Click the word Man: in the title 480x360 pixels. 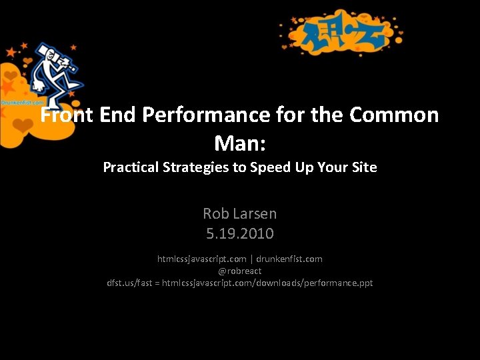(239, 142)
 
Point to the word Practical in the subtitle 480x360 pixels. (131, 167)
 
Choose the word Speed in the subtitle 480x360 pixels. (269, 167)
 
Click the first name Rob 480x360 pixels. (215, 214)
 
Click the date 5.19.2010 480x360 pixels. (240, 234)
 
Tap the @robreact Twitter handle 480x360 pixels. (240, 271)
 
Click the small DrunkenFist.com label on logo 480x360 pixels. (22, 103)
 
